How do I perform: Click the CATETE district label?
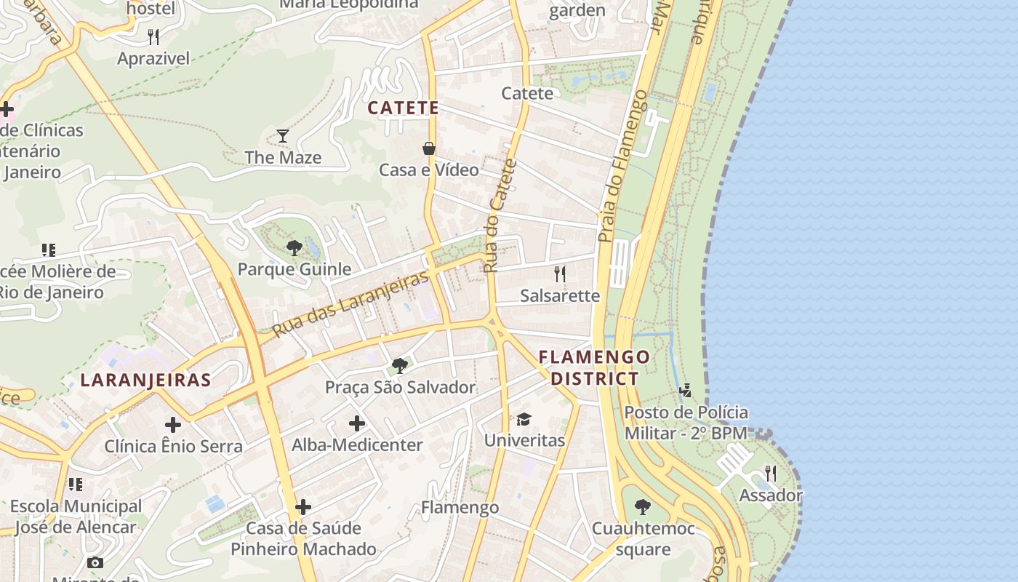(403, 108)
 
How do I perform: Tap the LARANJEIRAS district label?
(145, 380)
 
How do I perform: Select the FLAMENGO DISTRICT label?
(594, 367)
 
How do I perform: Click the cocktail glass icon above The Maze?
(283, 135)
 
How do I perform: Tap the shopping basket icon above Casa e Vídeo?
(429, 148)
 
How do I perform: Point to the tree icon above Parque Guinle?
(294, 248)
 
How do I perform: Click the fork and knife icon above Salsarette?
(560, 274)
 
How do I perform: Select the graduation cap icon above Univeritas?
(524, 419)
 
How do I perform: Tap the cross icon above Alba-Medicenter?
(356, 423)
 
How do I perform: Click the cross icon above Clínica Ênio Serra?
(173, 425)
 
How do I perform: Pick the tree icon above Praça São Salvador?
(399, 365)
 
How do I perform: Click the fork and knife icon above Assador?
(770, 474)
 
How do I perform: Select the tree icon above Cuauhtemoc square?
(642, 507)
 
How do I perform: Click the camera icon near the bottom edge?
(95, 562)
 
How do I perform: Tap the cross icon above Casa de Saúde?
(303, 507)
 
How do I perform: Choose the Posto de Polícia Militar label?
(686, 423)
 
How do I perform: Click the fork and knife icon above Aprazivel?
(153, 36)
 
